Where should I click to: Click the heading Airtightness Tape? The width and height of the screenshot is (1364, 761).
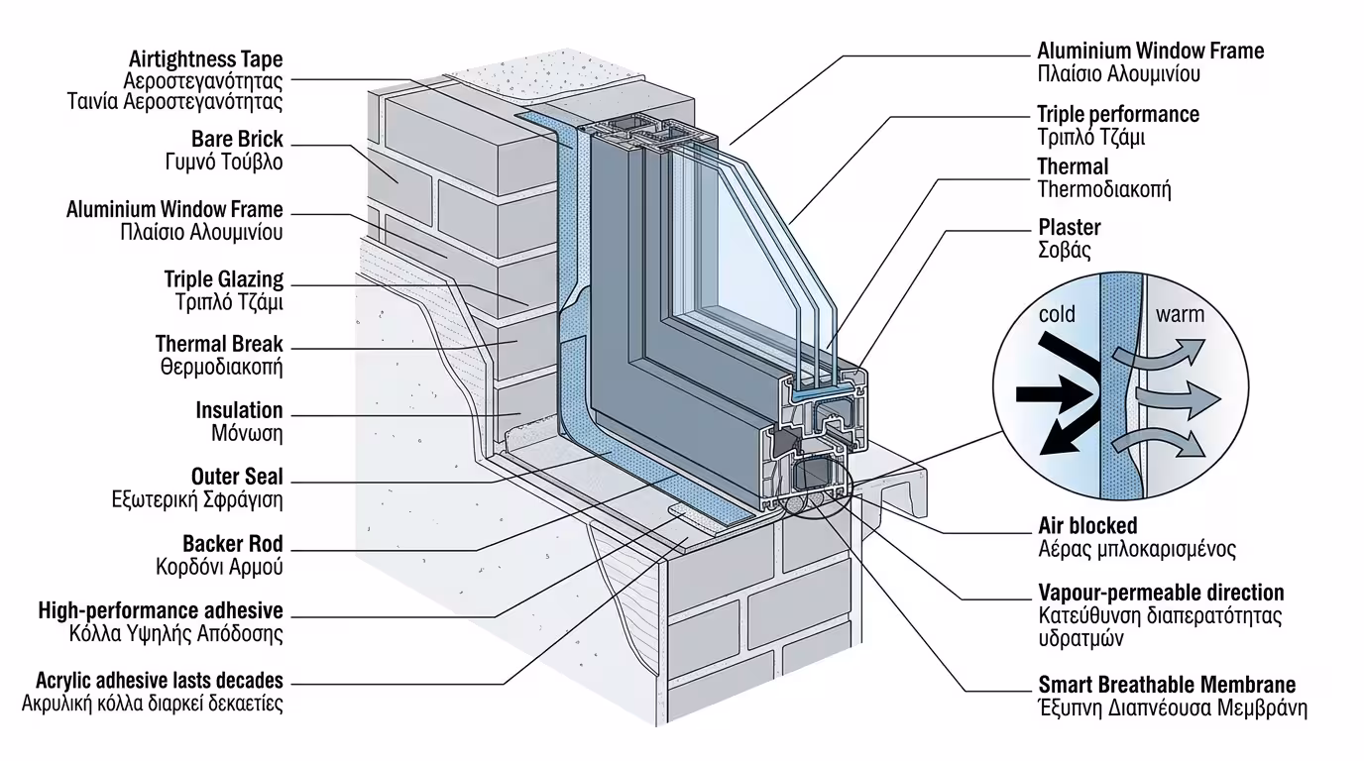click(x=205, y=58)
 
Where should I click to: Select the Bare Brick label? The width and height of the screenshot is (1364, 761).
click(x=237, y=140)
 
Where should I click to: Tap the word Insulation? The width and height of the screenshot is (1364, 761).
click(x=239, y=410)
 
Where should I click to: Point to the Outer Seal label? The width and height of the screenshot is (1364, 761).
click(x=237, y=478)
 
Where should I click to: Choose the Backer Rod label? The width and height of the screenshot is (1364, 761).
click(x=233, y=544)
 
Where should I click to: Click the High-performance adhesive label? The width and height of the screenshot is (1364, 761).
click(x=161, y=610)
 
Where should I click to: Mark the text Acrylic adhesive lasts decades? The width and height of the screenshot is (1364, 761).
click(x=160, y=681)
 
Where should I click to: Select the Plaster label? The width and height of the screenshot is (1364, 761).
click(x=1069, y=228)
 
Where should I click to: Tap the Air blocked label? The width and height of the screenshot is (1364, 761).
click(x=1087, y=526)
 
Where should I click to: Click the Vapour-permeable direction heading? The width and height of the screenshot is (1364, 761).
click(x=1161, y=593)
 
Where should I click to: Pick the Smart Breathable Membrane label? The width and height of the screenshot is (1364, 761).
click(x=1167, y=685)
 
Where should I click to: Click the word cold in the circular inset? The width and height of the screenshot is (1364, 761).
click(x=1057, y=315)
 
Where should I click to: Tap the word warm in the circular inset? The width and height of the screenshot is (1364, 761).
click(x=1180, y=315)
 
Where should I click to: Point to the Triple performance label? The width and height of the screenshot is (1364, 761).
click(x=1118, y=115)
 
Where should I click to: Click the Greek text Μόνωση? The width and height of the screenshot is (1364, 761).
click(x=247, y=434)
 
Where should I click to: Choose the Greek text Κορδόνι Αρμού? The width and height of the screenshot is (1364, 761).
click(x=219, y=568)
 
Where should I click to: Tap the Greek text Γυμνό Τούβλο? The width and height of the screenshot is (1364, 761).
click(x=224, y=163)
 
